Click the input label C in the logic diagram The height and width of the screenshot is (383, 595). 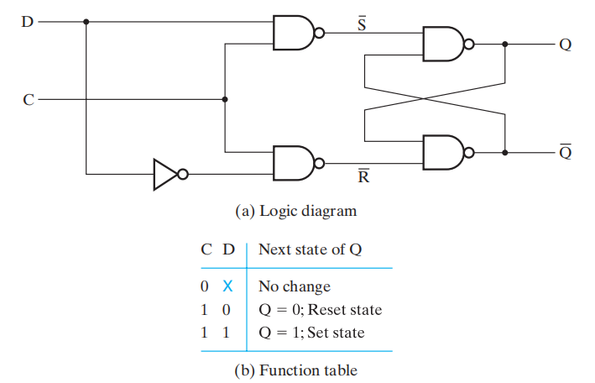(x=29, y=99)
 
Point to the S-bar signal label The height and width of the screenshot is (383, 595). (x=362, y=23)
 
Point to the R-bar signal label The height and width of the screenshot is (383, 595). (x=362, y=176)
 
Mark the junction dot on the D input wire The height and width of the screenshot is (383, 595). (x=86, y=21)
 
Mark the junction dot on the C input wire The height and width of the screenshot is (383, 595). (x=224, y=99)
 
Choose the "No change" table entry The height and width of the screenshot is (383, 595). (x=294, y=286)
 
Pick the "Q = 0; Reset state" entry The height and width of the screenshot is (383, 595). (x=320, y=310)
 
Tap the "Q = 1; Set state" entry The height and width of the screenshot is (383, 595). (x=311, y=333)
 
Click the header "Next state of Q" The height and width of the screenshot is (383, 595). (x=310, y=249)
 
